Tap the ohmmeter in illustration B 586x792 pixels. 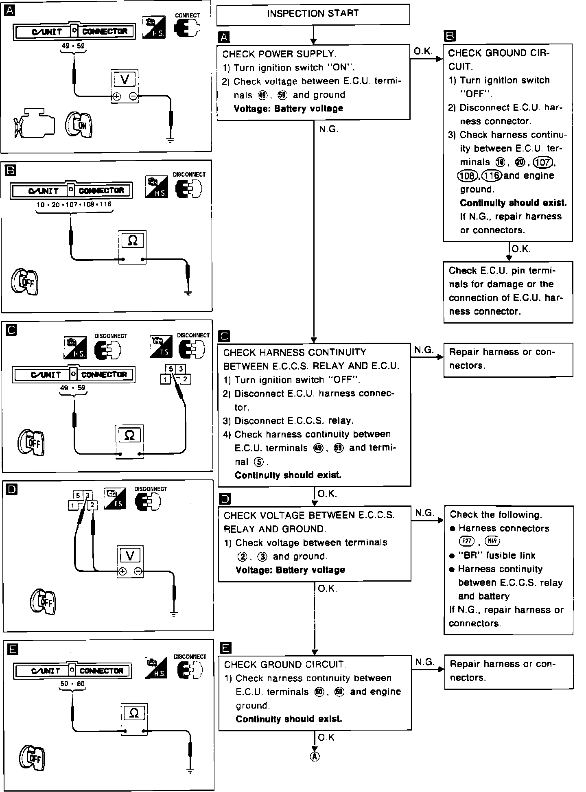(x=132, y=246)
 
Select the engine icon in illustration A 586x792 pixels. (x=35, y=123)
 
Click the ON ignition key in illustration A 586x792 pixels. (x=79, y=124)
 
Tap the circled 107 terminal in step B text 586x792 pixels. (x=543, y=162)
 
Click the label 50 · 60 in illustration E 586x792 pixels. (x=72, y=684)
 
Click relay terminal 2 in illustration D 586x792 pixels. (x=92, y=505)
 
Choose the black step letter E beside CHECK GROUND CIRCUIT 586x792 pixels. (x=225, y=648)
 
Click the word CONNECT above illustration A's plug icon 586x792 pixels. (x=187, y=15)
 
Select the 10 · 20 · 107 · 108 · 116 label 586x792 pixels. (x=74, y=204)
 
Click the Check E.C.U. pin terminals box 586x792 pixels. (x=508, y=292)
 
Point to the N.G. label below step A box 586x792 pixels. (x=329, y=130)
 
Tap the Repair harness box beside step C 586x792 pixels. (x=508, y=359)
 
